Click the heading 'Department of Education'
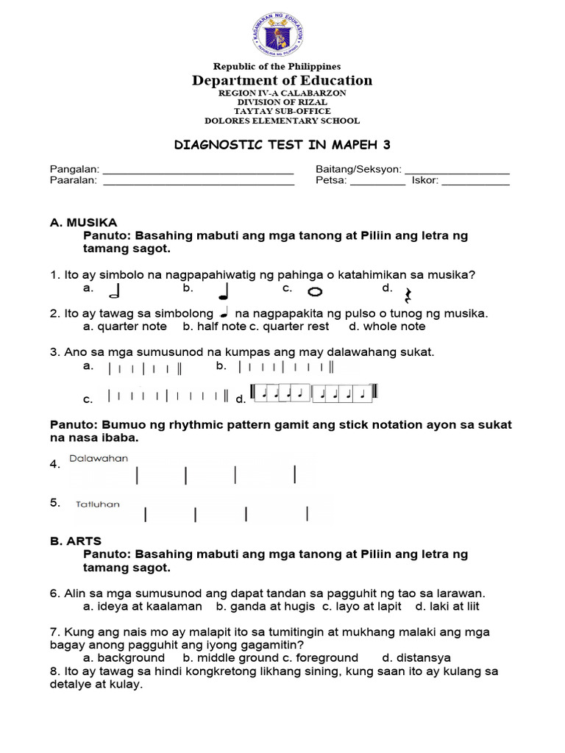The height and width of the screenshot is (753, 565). [282, 81]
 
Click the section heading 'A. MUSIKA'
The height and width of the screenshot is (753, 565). [83, 222]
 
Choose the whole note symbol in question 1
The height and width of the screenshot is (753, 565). [315, 292]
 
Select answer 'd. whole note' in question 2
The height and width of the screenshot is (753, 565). [387, 326]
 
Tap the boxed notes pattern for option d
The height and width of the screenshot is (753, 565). [313, 393]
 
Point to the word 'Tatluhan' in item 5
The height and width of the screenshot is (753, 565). [98, 504]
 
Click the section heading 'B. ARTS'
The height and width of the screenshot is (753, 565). [76, 540]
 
